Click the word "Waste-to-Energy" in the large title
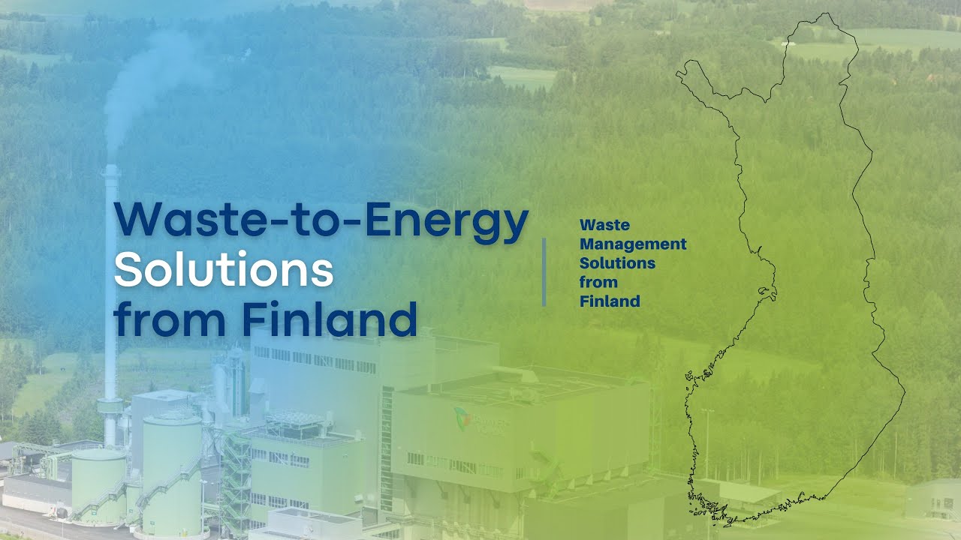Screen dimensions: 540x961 click(321, 222)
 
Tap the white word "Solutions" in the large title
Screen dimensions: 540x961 click(224, 271)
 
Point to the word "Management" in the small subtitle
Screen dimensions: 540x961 click(633, 244)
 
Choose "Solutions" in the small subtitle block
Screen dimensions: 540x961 click(617, 263)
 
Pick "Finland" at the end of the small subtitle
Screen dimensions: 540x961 click(610, 301)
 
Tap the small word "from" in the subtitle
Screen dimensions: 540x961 click(598, 282)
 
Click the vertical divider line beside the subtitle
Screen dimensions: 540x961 click(544, 271)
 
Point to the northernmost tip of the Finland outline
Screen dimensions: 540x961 click(826, 15)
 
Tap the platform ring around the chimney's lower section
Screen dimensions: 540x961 click(110, 405)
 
